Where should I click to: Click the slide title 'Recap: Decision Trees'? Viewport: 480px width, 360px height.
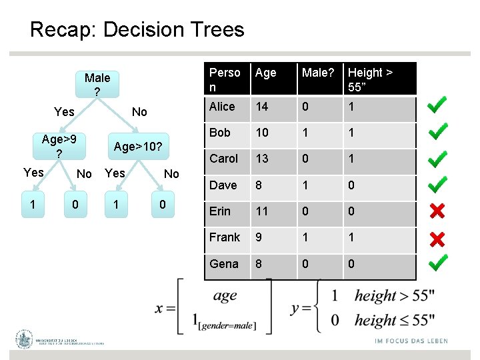click(x=137, y=29)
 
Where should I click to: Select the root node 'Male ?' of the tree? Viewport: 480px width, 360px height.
click(x=97, y=84)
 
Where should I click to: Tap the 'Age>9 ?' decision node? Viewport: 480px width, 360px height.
click(x=59, y=146)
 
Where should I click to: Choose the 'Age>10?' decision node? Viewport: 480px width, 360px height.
click(x=139, y=146)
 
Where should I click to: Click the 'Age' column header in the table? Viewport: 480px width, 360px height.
click(x=265, y=73)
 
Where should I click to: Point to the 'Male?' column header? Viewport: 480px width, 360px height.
click(x=318, y=73)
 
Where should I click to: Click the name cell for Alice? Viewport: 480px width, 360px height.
click(x=222, y=107)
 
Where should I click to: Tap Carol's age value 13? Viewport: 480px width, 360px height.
click(x=263, y=159)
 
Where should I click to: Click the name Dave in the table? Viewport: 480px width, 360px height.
click(x=223, y=185)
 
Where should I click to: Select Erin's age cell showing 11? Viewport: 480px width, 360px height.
click(x=262, y=211)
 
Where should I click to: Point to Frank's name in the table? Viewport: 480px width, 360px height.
click(x=225, y=237)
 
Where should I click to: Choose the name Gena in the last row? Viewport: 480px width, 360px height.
click(x=223, y=264)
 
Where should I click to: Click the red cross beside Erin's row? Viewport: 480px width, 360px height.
click(x=437, y=211)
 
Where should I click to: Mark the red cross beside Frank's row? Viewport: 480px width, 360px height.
click(x=437, y=238)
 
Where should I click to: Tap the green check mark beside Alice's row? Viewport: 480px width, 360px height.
click(x=437, y=105)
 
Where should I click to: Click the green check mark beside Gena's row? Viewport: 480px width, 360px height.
click(x=437, y=263)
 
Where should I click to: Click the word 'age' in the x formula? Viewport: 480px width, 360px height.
click(x=225, y=295)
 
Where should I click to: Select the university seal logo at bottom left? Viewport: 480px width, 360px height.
click(x=25, y=339)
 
